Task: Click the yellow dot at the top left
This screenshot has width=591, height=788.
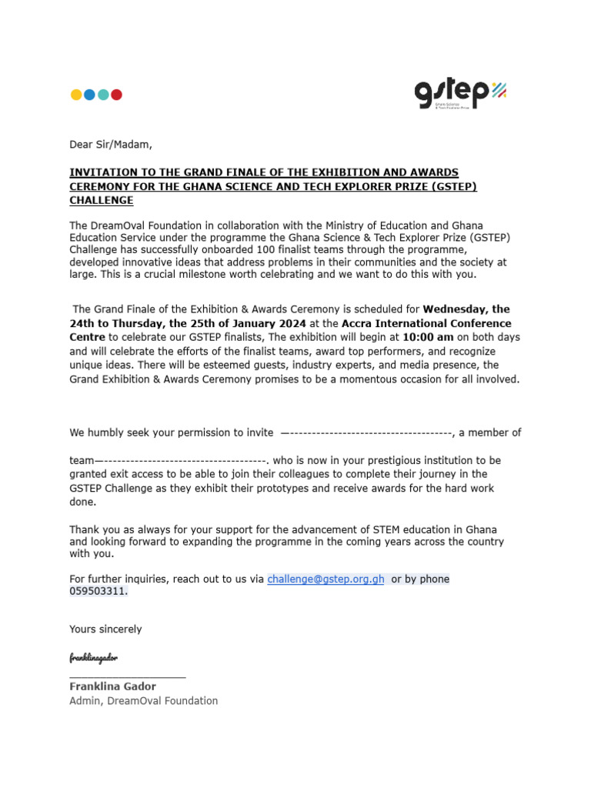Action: click(76, 95)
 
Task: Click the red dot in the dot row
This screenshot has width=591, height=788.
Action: click(116, 95)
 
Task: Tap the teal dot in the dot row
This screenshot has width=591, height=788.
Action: click(103, 95)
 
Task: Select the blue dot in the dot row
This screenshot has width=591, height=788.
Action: click(89, 95)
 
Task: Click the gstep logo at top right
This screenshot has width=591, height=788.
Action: click(460, 95)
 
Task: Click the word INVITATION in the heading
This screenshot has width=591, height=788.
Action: click(102, 172)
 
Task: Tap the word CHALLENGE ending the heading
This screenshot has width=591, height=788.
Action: click(101, 201)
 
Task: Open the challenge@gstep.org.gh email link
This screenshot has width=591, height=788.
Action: click(326, 579)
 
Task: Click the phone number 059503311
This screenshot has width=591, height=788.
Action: click(98, 592)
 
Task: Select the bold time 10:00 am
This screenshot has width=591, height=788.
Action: click(428, 338)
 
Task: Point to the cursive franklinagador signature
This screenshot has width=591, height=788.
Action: click(93, 658)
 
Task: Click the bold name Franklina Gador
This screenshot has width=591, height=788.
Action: click(112, 686)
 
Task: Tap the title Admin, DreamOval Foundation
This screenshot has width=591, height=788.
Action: click(143, 700)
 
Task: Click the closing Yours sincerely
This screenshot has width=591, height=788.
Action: click(105, 629)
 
